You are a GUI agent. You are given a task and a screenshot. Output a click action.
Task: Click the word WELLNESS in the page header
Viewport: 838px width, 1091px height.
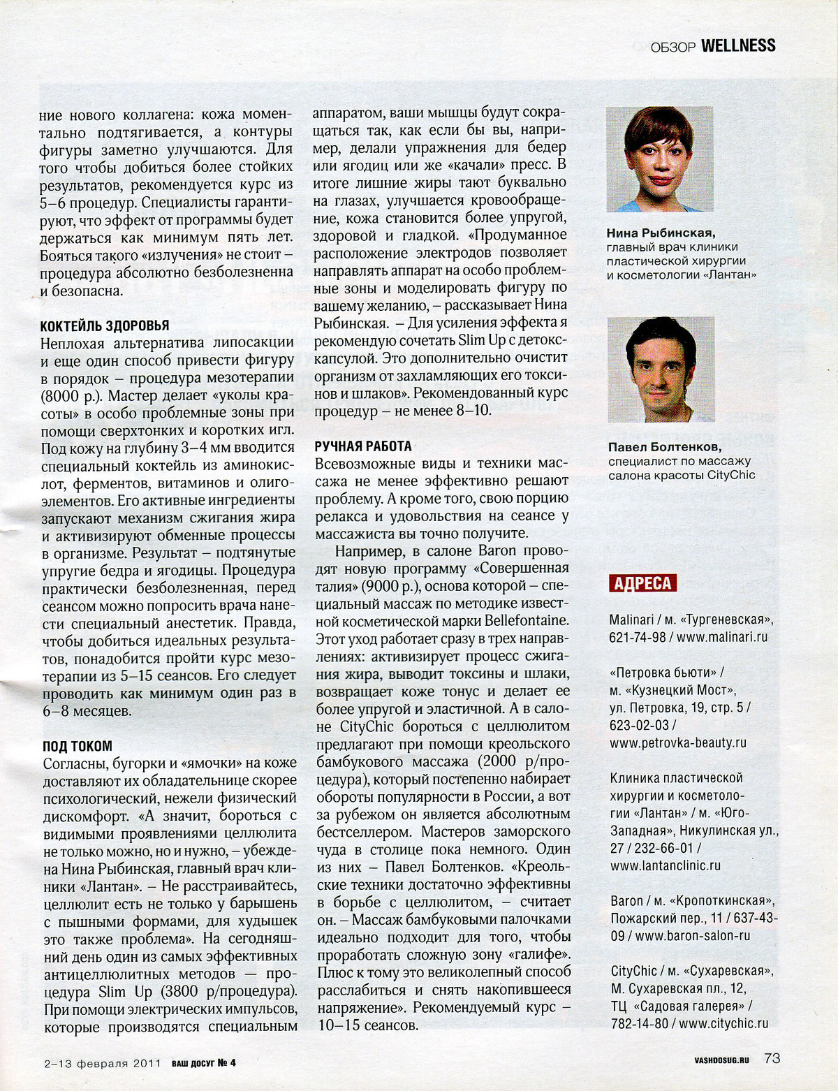[737, 46]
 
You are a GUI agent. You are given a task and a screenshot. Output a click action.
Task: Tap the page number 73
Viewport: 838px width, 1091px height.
[772, 1058]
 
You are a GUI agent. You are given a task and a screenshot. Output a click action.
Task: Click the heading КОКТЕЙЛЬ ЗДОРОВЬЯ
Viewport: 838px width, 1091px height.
[104, 326]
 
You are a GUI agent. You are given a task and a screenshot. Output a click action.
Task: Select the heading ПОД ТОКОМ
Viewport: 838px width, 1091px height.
[77, 747]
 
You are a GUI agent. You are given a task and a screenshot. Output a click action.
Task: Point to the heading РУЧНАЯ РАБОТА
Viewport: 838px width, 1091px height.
[363, 446]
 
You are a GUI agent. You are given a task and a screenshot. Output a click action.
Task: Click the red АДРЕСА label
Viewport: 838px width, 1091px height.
[642, 584]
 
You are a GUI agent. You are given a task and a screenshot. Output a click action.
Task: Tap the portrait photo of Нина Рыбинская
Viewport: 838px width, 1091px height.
[659, 159]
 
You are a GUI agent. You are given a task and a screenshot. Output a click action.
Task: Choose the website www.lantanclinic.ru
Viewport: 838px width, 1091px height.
[665, 865]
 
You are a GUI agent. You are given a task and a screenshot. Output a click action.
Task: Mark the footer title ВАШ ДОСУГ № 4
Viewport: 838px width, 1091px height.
[204, 1063]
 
